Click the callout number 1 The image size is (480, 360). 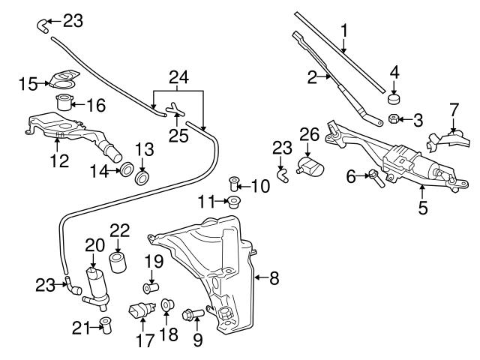(x=344, y=31)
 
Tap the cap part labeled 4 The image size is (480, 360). (x=394, y=97)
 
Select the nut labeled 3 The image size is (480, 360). (x=392, y=118)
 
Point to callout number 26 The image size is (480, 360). (x=309, y=135)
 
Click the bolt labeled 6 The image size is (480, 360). (x=373, y=177)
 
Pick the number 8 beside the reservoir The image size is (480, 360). (x=274, y=279)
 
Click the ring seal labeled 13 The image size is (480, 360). (x=142, y=177)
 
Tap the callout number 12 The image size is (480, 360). (x=59, y=159)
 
